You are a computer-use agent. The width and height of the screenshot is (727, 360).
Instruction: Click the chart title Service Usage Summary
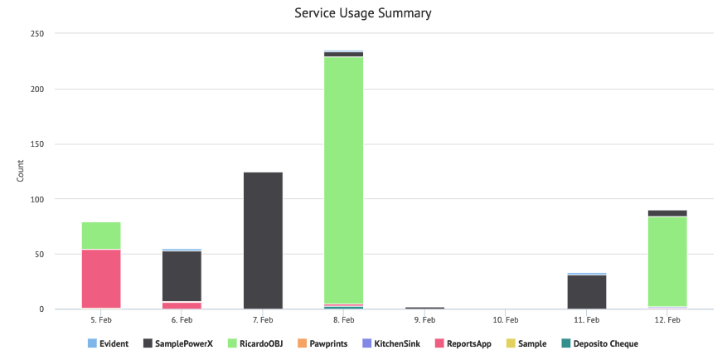pos(363,13)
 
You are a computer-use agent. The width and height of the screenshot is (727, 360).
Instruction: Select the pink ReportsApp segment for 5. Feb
pos(101,279)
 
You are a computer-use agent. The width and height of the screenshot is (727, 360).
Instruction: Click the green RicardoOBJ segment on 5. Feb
pos(101,236)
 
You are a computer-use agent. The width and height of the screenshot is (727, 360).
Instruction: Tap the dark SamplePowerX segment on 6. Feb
pos(182,275)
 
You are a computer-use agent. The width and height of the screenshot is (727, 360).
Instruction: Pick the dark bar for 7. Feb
pos(263,241)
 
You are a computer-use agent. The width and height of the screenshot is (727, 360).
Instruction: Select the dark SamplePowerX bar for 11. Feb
pos(586,291)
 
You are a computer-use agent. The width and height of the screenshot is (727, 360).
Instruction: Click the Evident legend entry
pos(108,343)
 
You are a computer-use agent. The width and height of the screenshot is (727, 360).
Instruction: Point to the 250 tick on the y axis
pos(36,34)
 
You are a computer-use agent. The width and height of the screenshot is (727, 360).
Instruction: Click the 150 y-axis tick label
pos(36,144)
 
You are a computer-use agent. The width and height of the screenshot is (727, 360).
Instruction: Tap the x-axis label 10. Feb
pos(505,319)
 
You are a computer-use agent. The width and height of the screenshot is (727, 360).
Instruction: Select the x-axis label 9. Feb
pos(424,319)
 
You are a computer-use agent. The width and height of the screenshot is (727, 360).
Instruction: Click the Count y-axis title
pos(21,172)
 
